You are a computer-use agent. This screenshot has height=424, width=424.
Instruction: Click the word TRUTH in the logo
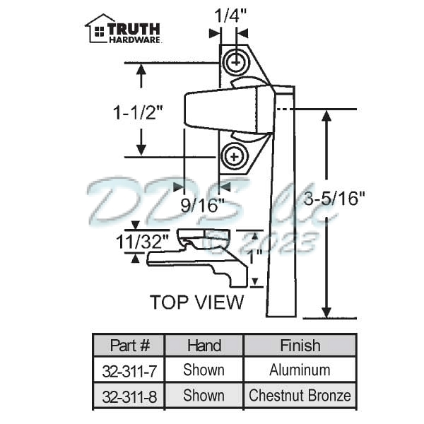pyautogui.click(x=134, y=29)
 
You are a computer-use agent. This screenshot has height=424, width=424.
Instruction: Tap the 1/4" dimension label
pyautogui.click(x=225, y=16)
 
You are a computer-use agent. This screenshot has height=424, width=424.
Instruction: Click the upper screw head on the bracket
pyautogui.click(x=235, y=64)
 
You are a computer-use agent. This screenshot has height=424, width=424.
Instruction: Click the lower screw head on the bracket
pyautogui.click(x=235, y=154)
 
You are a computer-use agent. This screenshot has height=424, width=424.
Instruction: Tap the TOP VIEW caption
pyautogui.click(x=196, y=302)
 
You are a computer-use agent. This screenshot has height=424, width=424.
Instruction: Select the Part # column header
pyautogui.click(x=130, y=346)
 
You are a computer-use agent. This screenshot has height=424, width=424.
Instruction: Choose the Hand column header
pyautogui.click(x=204, y=346)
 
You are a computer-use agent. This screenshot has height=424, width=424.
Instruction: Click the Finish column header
pyautogui.click(x=300, y=346)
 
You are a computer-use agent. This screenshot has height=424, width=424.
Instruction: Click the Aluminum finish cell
pyautogui.click(x=300, y=370)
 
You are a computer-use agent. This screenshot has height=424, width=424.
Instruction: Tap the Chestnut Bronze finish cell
pyautogui.click(x=300, y=395)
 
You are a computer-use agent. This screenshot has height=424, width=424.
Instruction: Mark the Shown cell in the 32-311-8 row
pyautogui.click(x=204, y=395)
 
